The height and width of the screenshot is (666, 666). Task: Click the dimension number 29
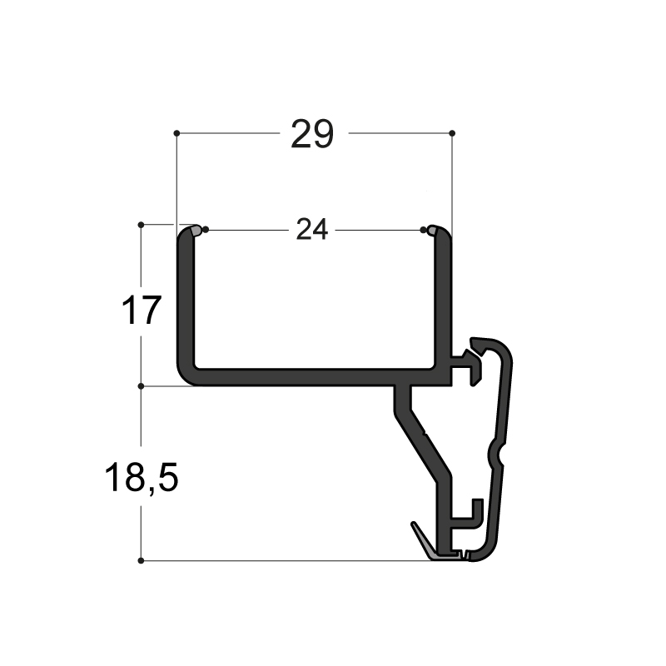point(312,134)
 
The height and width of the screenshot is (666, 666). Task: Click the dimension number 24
point(312,230)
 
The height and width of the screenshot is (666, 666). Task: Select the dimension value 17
point(141,310)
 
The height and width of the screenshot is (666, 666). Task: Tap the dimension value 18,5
point(141,478)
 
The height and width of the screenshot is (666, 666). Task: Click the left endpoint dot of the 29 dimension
point(176,133)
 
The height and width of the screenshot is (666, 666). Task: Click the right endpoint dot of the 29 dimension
point(452,133)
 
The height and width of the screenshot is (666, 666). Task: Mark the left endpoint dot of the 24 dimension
point(206,230)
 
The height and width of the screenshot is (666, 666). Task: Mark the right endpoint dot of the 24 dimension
point(423,230)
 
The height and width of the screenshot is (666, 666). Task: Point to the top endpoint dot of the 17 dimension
point(141,225)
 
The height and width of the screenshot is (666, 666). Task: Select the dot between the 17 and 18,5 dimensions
point(141,386)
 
